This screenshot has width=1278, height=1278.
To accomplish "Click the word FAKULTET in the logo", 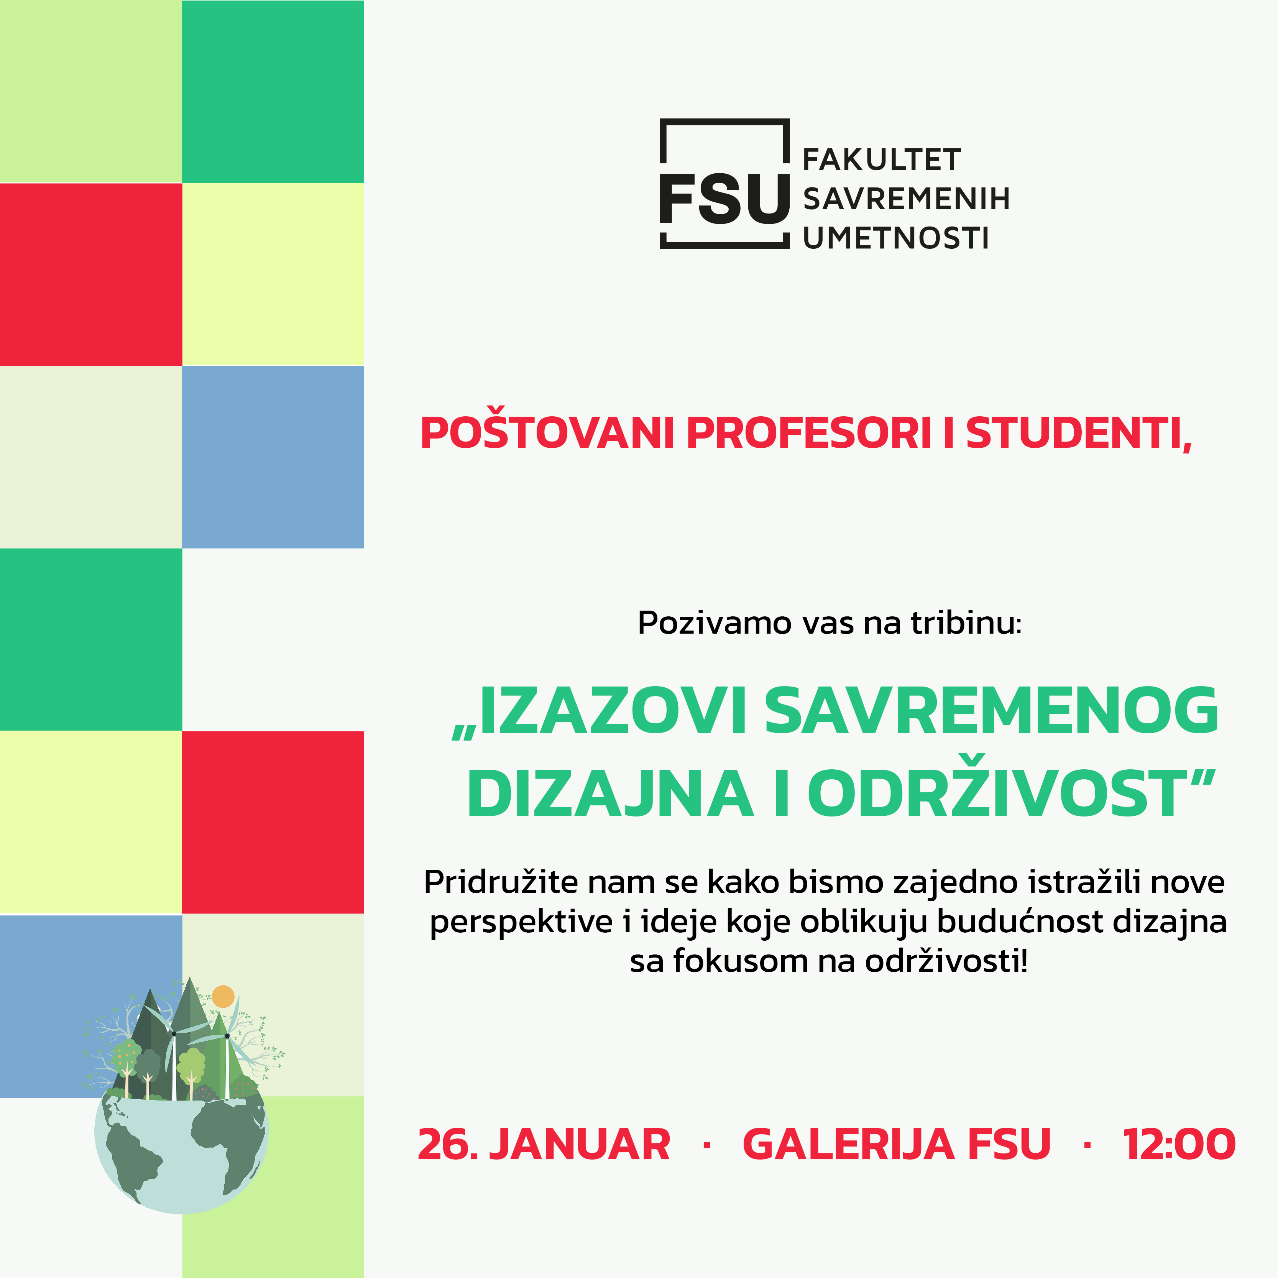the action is tap(882, 160).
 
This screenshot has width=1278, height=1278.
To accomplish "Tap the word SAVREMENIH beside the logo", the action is tap(906, 199).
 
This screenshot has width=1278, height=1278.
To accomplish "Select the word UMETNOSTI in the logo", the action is tap(896, 238).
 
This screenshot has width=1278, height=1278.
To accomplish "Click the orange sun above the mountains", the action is tap(223, 996).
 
